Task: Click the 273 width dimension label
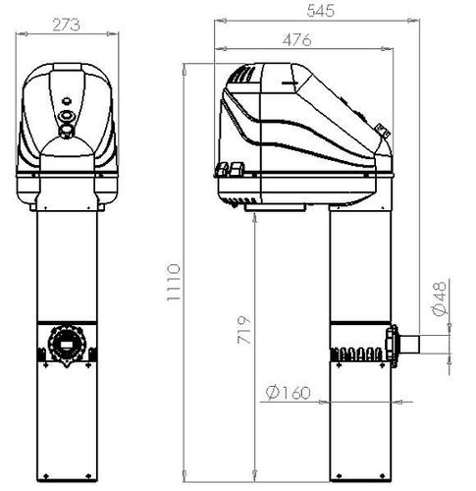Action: tap(66, 26)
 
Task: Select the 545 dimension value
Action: tap(321, 11)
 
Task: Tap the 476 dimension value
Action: tap(297, 40)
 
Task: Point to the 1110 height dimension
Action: tap(174, 282)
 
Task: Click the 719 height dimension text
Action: tap(244, 330)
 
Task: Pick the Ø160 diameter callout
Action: tap(288, 393)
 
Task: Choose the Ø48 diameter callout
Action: tap(440, 299)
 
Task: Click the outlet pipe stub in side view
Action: tap(409, 345)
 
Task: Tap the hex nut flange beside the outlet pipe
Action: tap(392, 345)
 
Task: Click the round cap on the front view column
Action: tap(67, 345)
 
